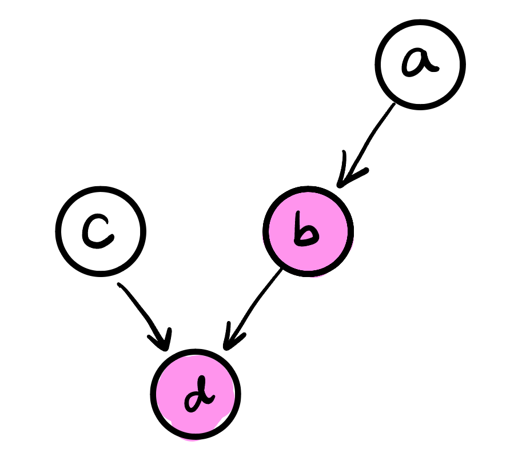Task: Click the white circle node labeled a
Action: click(x=420, y=64)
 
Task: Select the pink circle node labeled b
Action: click(x=308, y=231)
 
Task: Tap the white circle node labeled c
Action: click(x=101, y=231)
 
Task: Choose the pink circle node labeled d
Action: click(x=196, y=394)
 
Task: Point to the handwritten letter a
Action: click(x=420, y=63)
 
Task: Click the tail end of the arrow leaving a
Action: click(x=393, y=105)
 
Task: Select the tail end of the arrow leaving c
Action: click(x=119, y=284)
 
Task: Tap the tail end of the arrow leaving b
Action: click(x=281, y=270)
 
